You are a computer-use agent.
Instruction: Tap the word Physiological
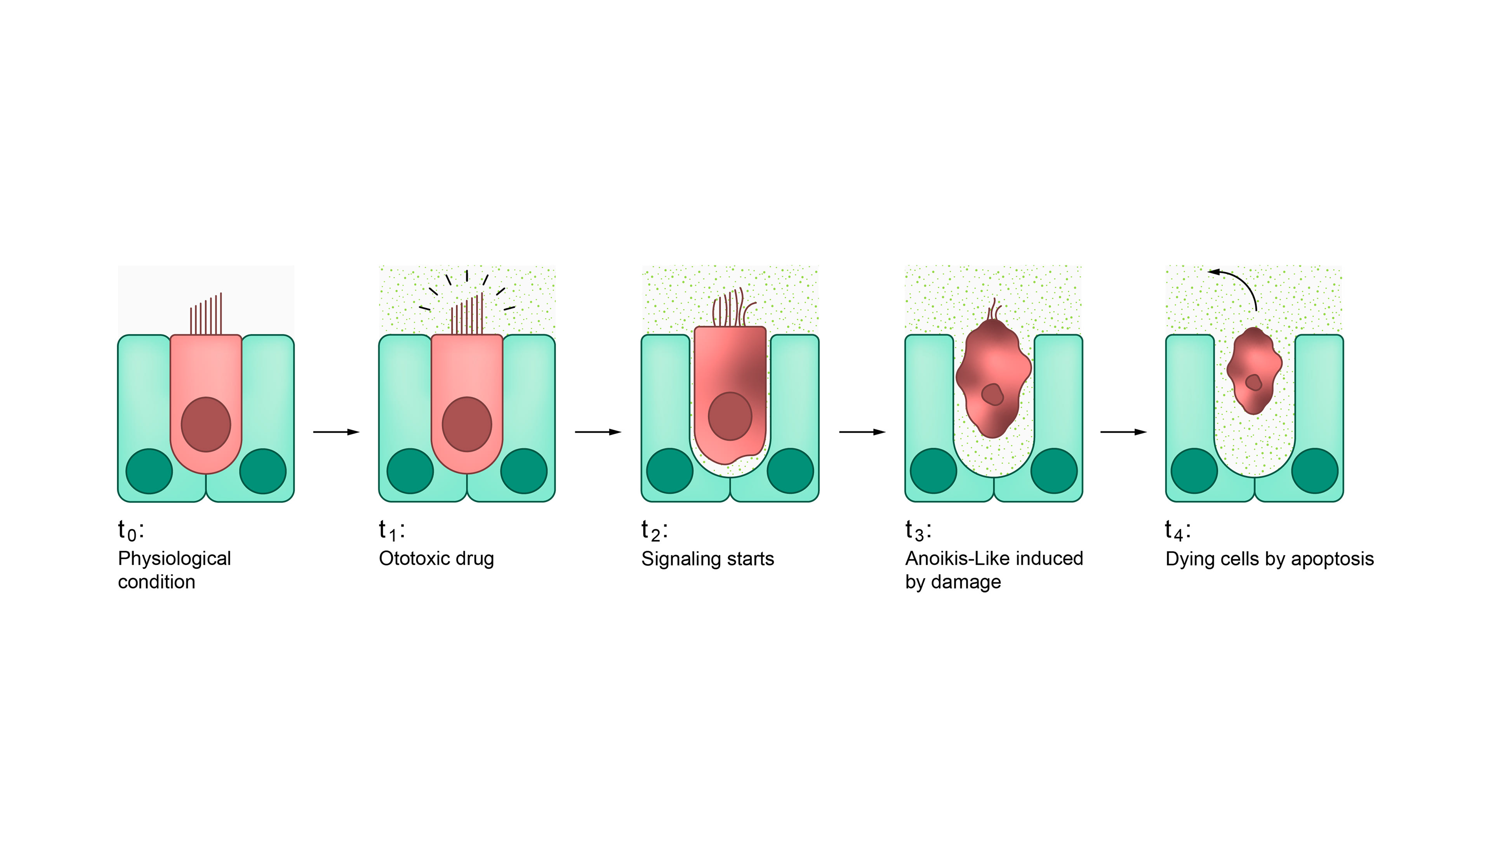coord(174,559)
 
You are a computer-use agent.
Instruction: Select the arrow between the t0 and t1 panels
coord(336,432)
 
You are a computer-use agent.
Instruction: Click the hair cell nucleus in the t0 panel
coord(206,424)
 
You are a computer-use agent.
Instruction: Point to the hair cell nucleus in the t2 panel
coord(730,416)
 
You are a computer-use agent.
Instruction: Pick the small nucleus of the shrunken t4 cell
coord(1254,382)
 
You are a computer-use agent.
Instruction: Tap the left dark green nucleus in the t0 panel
coord(149,471)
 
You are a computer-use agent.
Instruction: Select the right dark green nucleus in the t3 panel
coord(1053,471)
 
